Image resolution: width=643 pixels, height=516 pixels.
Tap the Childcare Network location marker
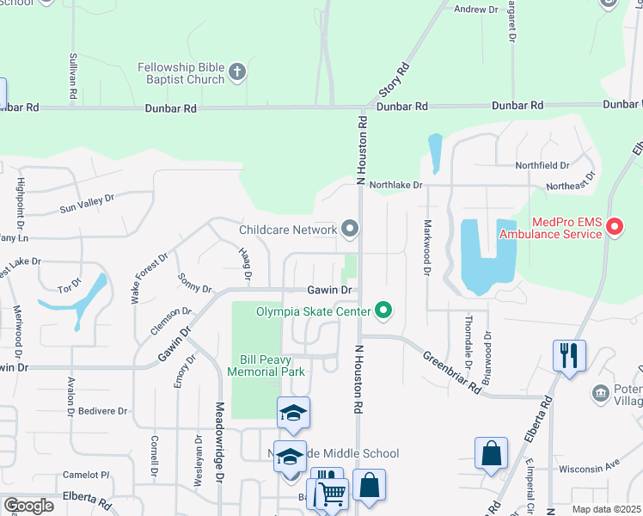[349, 229]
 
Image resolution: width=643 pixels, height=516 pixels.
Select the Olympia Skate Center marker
[383, 310]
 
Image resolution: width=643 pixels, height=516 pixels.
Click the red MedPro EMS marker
[615, 227]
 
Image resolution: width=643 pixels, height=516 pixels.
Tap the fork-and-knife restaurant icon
[569, 355]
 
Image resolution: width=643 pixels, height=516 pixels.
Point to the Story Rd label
[393, 79]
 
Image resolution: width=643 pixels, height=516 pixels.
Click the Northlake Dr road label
[396, 184]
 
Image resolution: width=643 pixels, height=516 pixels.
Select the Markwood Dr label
[426, 248]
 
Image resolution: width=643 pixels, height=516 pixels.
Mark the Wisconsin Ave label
[589, 470]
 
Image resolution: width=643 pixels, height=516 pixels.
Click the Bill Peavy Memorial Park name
[266, 365]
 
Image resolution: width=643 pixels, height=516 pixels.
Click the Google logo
[28, 506]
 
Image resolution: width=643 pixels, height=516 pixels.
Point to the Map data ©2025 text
[606, 509]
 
